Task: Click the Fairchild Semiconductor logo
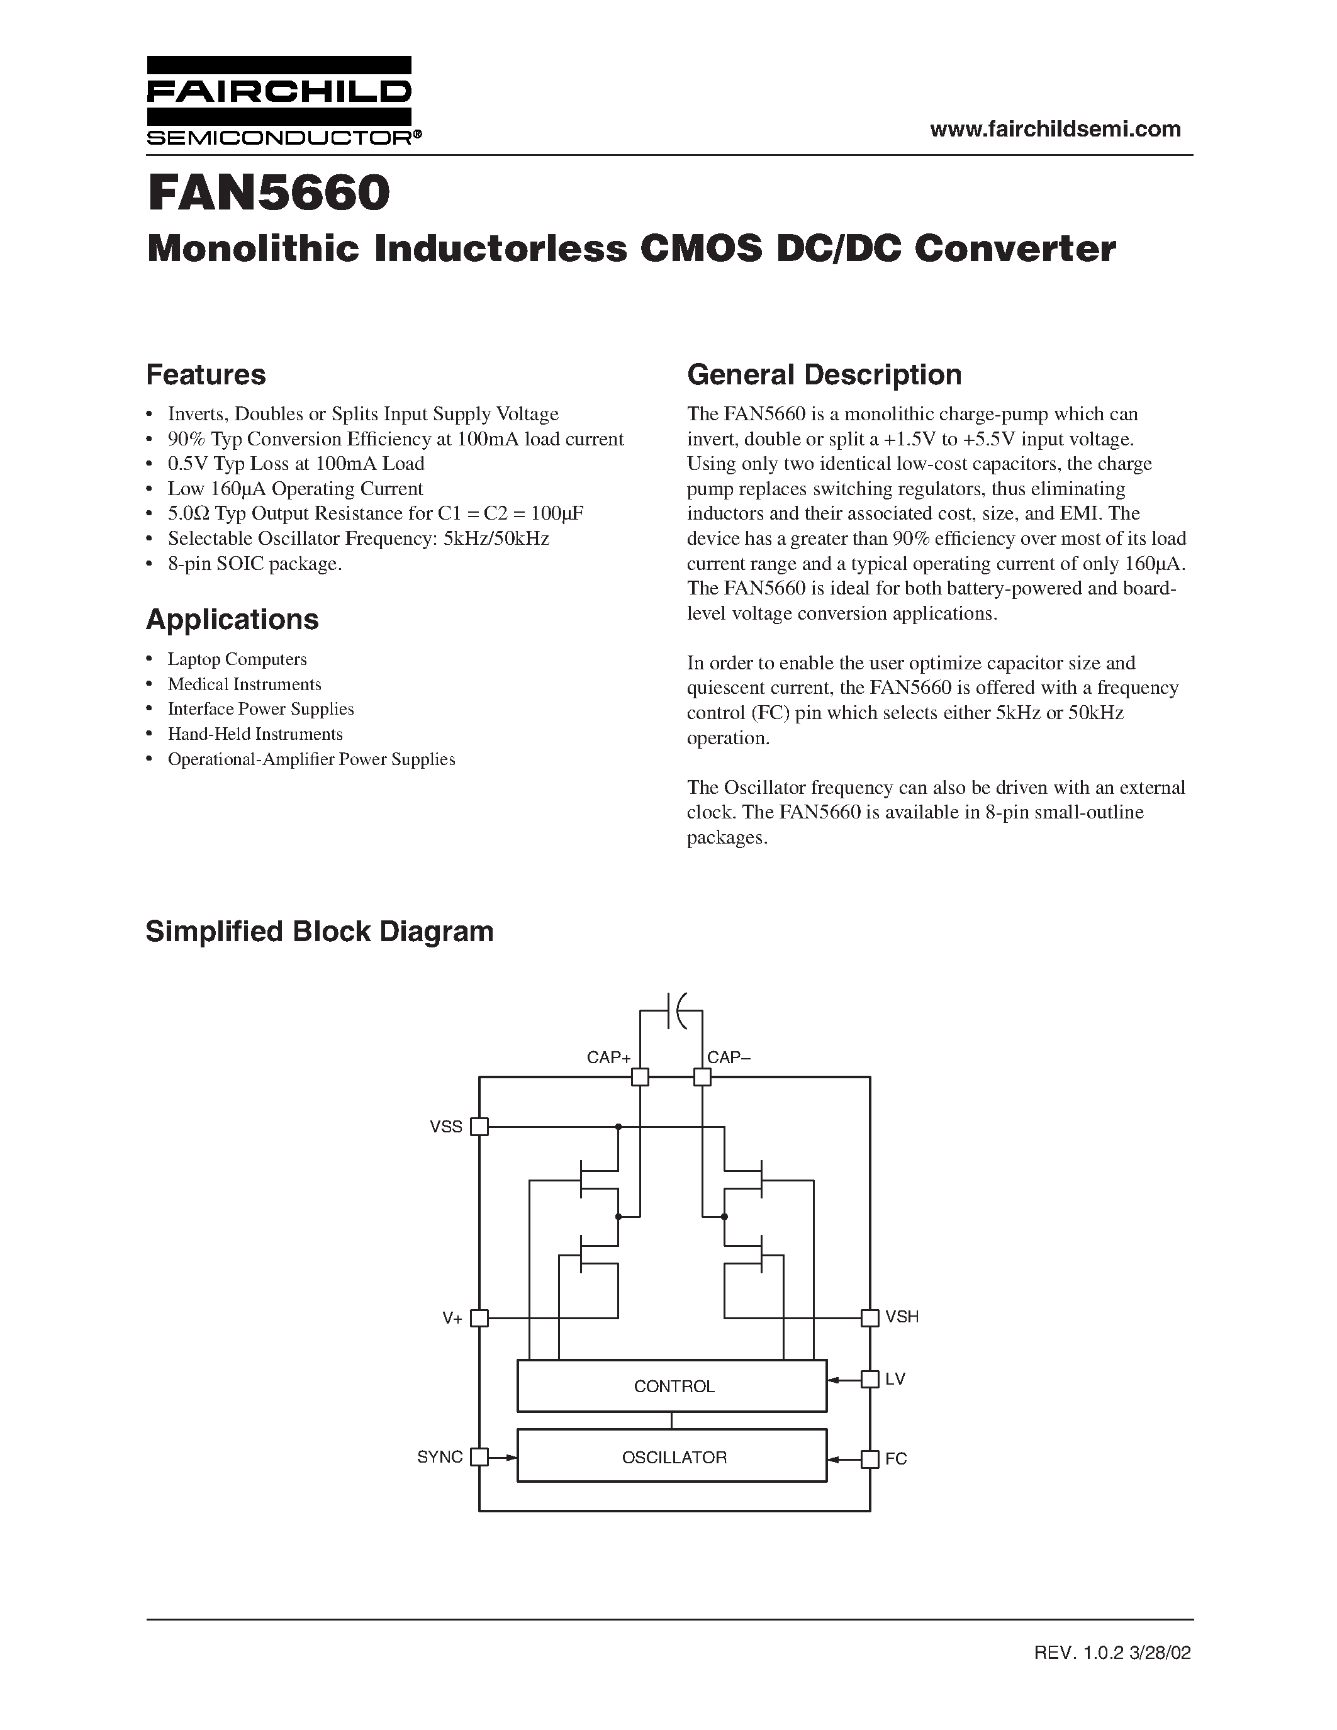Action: click(x=279, y=101)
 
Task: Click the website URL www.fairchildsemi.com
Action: click(x=1055, y=129)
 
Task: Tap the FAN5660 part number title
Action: click(x=269, y=193)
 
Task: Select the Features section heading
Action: click(x=206, y=375)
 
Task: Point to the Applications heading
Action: click(x=232, y=620)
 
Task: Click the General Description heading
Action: click(x=824, y=375)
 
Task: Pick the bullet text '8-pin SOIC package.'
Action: click(x=254, y=564)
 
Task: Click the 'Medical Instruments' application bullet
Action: click(x=244, y=684)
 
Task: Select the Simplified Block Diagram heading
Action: click(x=319, y=932)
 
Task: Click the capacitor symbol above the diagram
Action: click(x=674, y=1011)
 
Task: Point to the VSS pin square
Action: click(x=479, y=1127)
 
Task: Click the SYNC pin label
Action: click(x=440, y=1458)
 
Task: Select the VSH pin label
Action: click(x=902, y=1317)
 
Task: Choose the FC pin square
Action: click(x=870, y=1459)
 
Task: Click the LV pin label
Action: click(x=895, y=1379)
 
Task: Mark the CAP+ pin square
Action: click(x=640, y=1077)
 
